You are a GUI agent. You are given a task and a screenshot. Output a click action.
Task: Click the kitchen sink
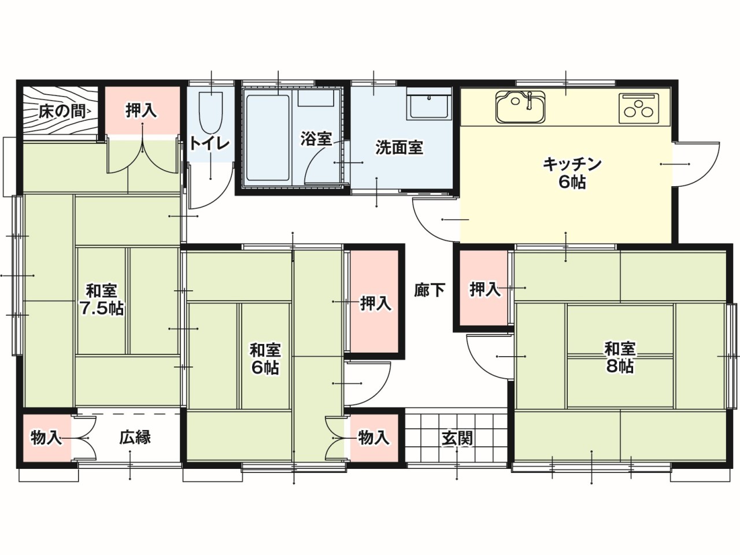click(x=520, y=106)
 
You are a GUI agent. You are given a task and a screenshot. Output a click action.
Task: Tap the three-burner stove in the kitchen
click(x=638, y=108)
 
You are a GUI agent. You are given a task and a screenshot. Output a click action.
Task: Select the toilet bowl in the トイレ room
click(x=210, y=113)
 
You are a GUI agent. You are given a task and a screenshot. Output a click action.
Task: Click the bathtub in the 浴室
click(x=268, y=138)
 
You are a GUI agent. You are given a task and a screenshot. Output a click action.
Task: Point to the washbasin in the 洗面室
click(x=429, y=103)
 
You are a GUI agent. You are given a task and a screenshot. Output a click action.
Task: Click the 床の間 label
click(x=62, y=112)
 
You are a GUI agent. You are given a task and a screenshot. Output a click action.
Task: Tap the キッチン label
click(x=572, y=164)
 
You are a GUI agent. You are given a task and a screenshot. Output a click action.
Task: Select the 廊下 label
click(x=430, y=290)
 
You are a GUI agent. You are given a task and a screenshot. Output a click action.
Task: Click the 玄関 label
click(x=457, y=438)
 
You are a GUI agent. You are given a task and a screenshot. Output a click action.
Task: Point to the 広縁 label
click(x=135, y=438)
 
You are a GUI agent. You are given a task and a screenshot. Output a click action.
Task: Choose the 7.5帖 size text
click(x=102, y=308)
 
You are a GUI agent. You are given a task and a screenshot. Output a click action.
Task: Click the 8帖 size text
click(x=620, y=366)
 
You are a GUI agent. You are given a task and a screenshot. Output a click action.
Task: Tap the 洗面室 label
click(x=399, y=147)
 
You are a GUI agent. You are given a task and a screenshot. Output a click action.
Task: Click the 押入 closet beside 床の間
click(x=142, y=110)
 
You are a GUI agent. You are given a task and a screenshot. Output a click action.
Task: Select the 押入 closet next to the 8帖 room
click(x=484, y=288)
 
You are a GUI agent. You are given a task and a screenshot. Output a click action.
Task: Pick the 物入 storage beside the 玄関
click(x=374, y=438)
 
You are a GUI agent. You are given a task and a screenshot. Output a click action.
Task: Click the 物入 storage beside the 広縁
click(x=46, y=438)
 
